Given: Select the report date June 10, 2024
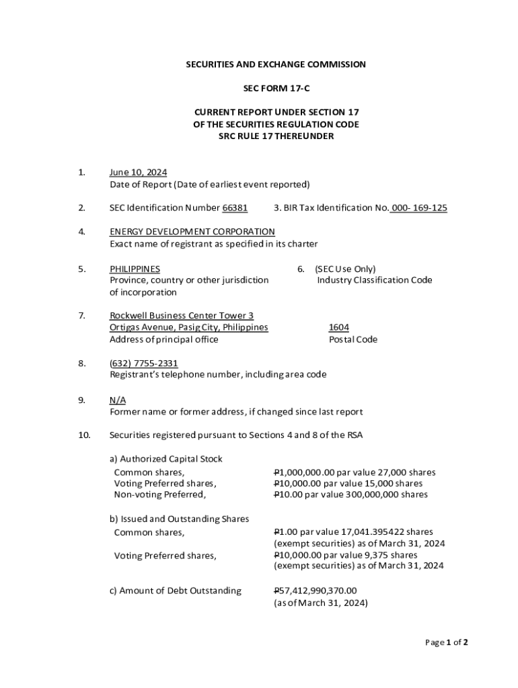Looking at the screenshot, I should tap(138, 173).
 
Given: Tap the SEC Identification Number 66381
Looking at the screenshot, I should tap(235, 208).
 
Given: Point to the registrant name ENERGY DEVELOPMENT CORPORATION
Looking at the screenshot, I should tap(192, 232).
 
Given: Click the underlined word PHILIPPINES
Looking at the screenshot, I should tap(135, 269).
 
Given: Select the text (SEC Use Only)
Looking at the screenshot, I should tap(345, 269).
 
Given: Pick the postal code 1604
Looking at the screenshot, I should tap(338, 327).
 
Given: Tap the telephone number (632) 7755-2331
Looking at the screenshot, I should tap(143, 363).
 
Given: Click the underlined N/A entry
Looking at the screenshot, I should tap(117, 400).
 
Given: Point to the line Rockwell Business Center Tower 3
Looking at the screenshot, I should tap(181, 316).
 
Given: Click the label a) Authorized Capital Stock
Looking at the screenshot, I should tap(165, 459).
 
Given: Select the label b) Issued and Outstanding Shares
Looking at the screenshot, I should tap(179, 519).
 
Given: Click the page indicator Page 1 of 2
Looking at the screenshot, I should tap(446, 642).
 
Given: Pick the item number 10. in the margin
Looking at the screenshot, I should tap(83, 435).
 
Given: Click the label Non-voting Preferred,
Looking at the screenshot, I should tap(159, 494).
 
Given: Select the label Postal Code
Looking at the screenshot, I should tap(353, 339).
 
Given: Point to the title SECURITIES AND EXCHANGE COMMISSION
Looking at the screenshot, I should tap(276, 64).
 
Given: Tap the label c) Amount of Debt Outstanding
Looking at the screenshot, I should tap(175, 591).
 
